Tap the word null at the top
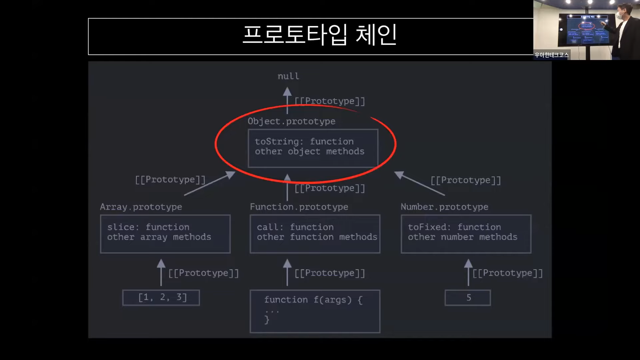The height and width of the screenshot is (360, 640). click(288, 76)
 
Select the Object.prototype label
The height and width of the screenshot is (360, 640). click(291, 121)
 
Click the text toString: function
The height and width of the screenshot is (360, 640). click(304, 142)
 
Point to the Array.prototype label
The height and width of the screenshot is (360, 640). click(141, 207)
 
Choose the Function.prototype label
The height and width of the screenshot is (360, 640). click(299, 207)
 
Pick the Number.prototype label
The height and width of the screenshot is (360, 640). click(444, 207)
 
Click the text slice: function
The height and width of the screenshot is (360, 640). click(148, 227)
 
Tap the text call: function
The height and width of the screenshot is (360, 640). click(295, 227)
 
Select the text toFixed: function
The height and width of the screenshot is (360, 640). click(454, 227)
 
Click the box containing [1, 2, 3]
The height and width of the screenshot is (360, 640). click(161, 298)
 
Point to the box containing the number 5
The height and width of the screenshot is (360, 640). click(468, 298)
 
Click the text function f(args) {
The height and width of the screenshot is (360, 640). click(313, 300)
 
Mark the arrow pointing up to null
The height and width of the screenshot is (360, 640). click(287, 100)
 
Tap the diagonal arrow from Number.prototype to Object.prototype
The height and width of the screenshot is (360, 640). click(419, 183)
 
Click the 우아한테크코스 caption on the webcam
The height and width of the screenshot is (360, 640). click(551, 55)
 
